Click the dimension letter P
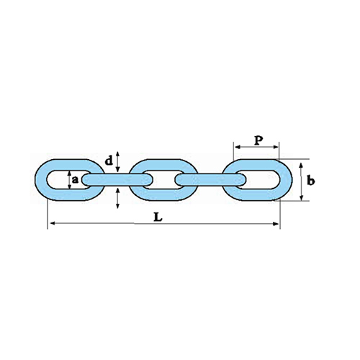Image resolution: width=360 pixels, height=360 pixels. [258, 140]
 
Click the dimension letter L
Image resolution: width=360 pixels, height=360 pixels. [158, 217]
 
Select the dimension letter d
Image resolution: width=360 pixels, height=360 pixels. [109, 161]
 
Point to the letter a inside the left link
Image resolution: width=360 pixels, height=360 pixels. [76, 179]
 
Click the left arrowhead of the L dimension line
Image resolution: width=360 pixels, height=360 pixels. [53, 223]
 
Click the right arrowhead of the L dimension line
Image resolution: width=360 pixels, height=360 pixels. [276, 224]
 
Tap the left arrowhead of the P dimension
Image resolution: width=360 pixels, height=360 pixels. [238, 147]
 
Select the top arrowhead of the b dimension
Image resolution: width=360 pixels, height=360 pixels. [302, 166]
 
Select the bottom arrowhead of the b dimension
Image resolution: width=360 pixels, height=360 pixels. [302, 197]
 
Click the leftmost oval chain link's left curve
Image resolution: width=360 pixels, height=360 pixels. [41, 179]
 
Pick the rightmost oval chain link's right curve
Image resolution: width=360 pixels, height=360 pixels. [286, 179]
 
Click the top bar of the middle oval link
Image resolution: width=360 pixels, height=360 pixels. [163, 165]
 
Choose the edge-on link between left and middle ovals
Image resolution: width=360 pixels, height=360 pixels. [117, 180]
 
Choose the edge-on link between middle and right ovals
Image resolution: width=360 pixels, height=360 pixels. [210, 180]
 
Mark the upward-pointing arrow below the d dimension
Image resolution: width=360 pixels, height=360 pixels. [117, 198]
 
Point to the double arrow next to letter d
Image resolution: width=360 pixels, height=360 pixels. [117, 161]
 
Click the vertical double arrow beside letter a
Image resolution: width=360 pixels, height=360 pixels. [69, 179]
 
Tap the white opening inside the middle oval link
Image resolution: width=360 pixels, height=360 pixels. [163, 180]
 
